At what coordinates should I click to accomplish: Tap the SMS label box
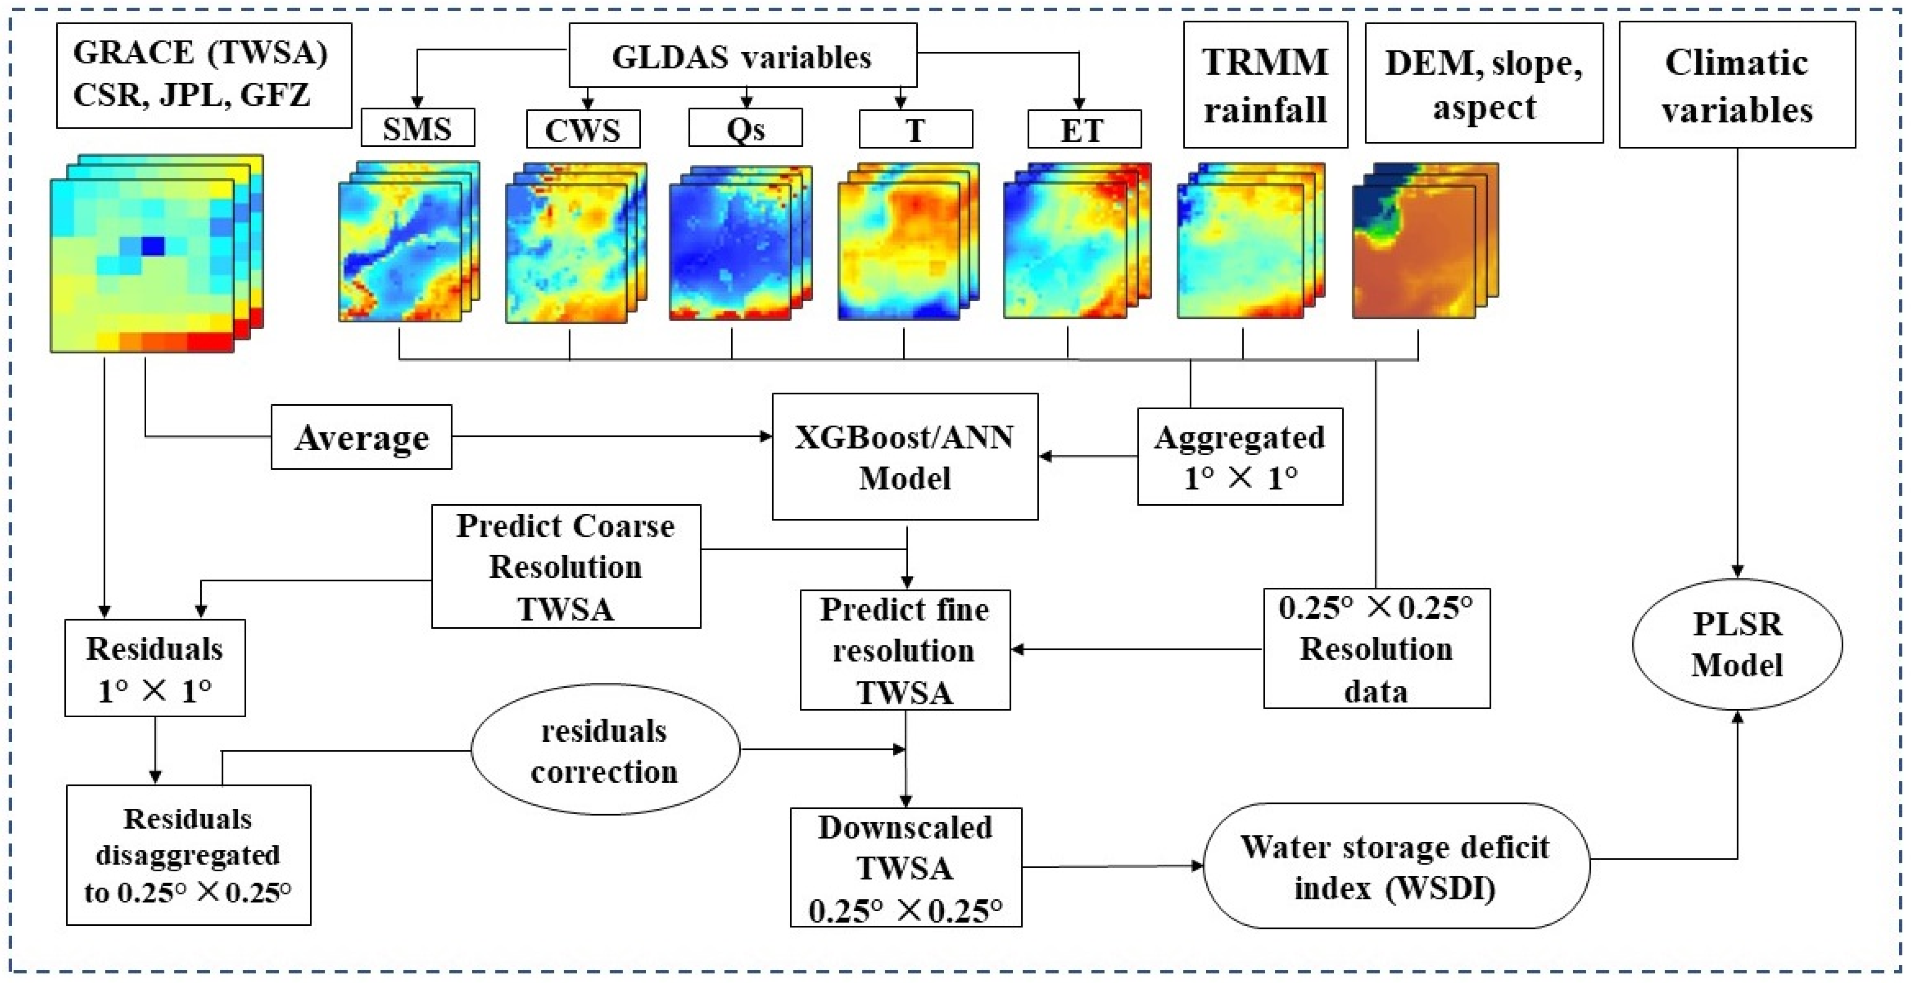click(418, 129)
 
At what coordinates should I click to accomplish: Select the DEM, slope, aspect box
click(1484, 83)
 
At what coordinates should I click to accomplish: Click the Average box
click(361, 437)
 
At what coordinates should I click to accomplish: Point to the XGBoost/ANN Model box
click(904, 456)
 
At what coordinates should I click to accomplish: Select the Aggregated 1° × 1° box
click(1240, 456)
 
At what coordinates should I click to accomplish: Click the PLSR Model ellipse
click(1737, 644)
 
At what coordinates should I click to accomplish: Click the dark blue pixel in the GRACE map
click(153, 246)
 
